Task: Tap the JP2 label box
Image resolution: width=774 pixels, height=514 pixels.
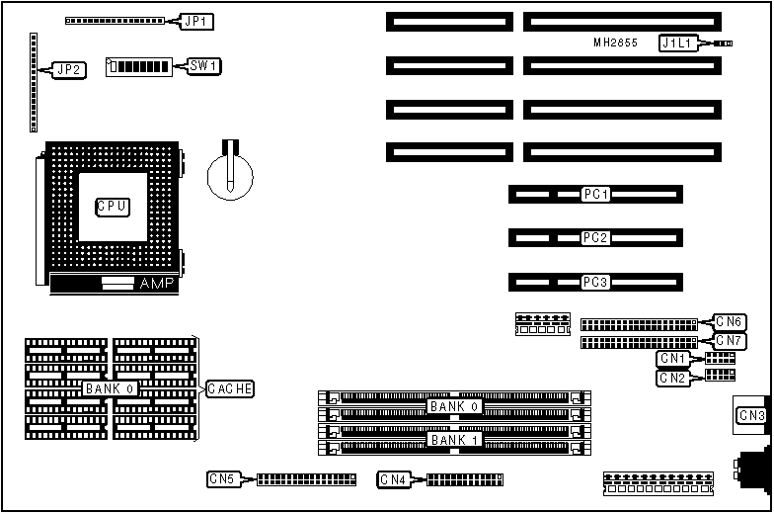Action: click(x=69, y=69)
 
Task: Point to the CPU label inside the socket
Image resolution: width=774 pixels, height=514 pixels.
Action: click(x=112, y=207)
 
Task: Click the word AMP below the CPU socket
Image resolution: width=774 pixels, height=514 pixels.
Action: click(x=156, y=284)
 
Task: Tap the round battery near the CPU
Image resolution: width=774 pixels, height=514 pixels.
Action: click(x=230, y=173)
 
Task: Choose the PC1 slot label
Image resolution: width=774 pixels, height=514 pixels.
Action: click(x=595, y=195)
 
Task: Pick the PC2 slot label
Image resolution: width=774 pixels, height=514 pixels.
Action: click(x=595, y=238)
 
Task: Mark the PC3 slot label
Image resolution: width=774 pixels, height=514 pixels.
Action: click(x=595, y=282)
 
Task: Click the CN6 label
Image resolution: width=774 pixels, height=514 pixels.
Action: click(x=730, y=321)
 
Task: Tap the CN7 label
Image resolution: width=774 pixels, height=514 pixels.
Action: click(x=730, y=341)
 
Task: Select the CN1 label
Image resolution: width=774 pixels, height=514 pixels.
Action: click(x=672, y=358)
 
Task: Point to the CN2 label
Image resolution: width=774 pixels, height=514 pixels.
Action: click(x=672, y=378)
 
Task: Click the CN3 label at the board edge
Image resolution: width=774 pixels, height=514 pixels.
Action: click(x=752, y=415)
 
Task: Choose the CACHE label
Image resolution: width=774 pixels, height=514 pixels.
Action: click(x=230, y=389)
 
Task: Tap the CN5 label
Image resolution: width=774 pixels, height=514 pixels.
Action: click(x=222, y=479)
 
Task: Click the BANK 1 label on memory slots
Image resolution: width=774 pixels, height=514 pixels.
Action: click(x=454, y=439)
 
